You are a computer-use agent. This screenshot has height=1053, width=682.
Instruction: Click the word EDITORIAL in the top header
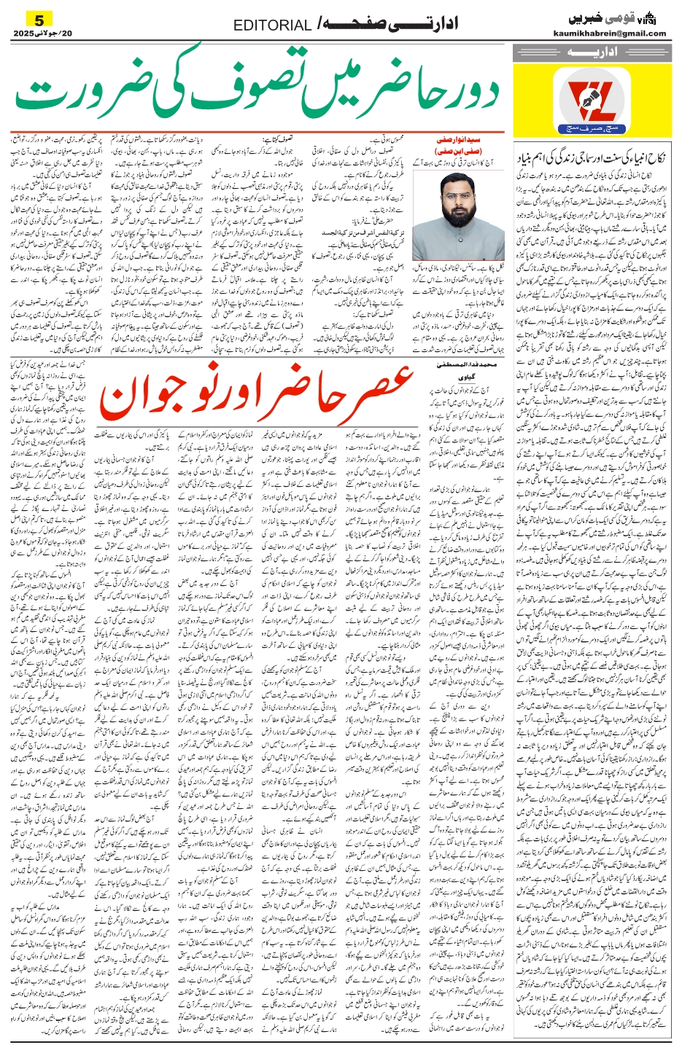(x=272, y=26)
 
